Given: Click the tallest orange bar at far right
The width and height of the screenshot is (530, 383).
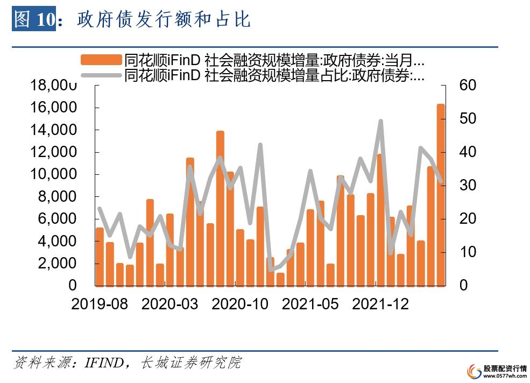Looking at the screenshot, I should pos(440,194).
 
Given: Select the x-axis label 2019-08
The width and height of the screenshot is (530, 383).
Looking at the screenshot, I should pos(100,304).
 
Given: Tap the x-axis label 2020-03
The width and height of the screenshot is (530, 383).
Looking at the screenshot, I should pos(170,304).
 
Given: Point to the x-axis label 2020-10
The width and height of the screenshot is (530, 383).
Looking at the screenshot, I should pos(240,304).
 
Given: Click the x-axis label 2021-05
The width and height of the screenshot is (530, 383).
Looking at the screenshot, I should pos(310,304).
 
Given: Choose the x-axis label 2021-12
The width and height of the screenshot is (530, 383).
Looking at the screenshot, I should pos(380,304).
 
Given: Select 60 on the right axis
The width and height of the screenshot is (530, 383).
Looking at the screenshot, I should pos(467,86).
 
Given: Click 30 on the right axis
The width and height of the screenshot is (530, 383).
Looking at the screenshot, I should pos(467,186).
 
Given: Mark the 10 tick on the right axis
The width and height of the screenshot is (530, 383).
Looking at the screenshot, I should pos(467,252).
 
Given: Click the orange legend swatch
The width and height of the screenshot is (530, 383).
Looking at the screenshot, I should pos(101,60).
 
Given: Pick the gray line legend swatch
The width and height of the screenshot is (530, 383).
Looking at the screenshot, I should pos(101,75).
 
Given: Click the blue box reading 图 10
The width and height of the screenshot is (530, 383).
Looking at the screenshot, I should pos(34,20).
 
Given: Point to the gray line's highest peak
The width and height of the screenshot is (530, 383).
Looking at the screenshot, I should pos(380,122).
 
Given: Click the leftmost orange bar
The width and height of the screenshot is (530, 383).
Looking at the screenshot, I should pos(100,257).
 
